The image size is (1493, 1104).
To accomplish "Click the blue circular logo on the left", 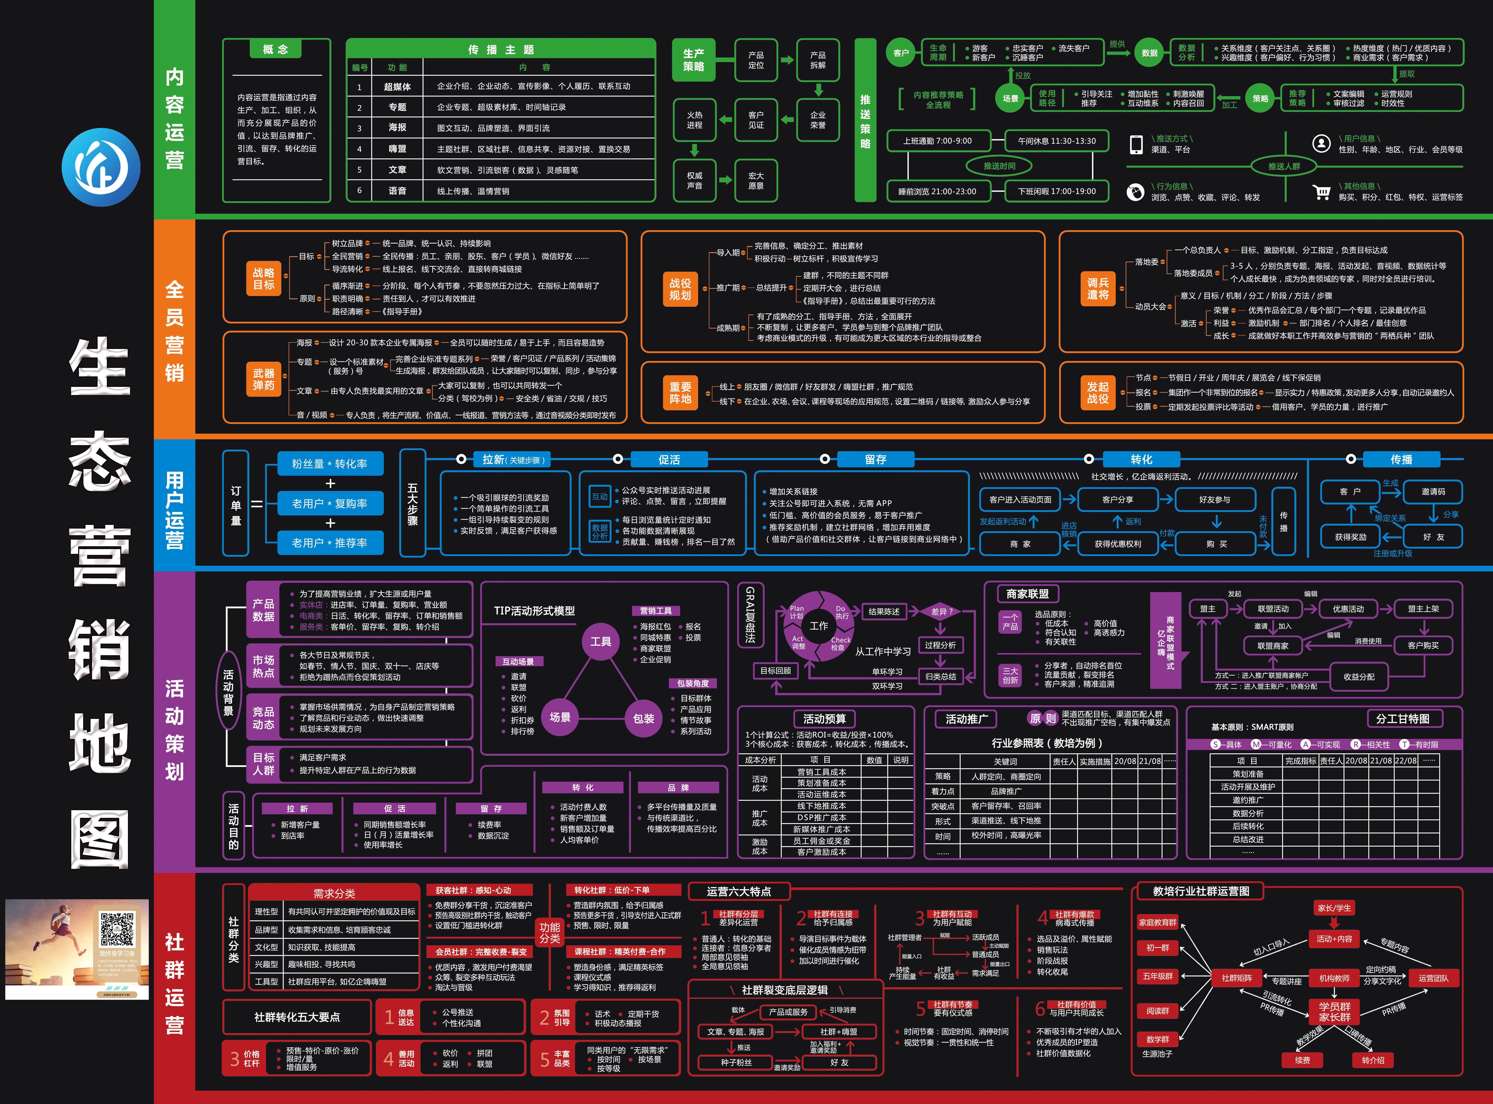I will tap(101, 167).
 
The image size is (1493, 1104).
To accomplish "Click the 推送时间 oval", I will tap(999, 166).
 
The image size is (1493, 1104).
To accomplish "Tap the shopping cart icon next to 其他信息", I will tap(1321, 192).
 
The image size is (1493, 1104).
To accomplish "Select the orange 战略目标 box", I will tap(263, 279).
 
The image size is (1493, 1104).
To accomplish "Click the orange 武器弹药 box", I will tap(263, 379).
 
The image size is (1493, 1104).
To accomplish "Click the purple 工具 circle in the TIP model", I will tap(600, 642).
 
